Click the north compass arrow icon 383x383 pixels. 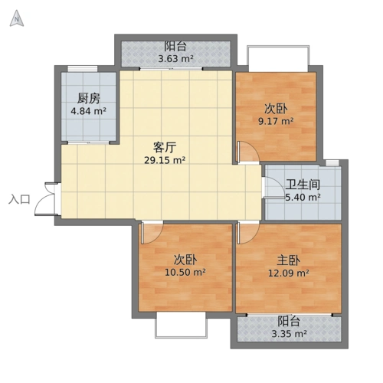click(x=15, y=20)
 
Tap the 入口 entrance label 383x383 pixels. click(x=18, y=200)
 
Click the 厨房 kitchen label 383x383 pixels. click(x=88, y=98)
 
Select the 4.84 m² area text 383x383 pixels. click(x=88, y=111)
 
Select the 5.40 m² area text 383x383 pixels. click(x=303, y=198)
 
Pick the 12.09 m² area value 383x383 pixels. click(x=287, y=273)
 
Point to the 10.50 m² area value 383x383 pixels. click(x=185, y=272)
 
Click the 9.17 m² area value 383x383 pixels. click(x=276, y=121)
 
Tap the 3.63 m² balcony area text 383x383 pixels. click(x=175, y=58)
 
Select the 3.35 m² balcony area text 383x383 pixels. click(x=288, y=334)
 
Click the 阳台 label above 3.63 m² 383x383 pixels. click(x=175, y=45)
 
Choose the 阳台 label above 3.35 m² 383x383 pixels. click(x=288, y=321)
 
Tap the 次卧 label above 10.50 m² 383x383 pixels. click(x=185, y=259)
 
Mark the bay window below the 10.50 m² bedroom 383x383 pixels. click(x=181, y=326)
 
